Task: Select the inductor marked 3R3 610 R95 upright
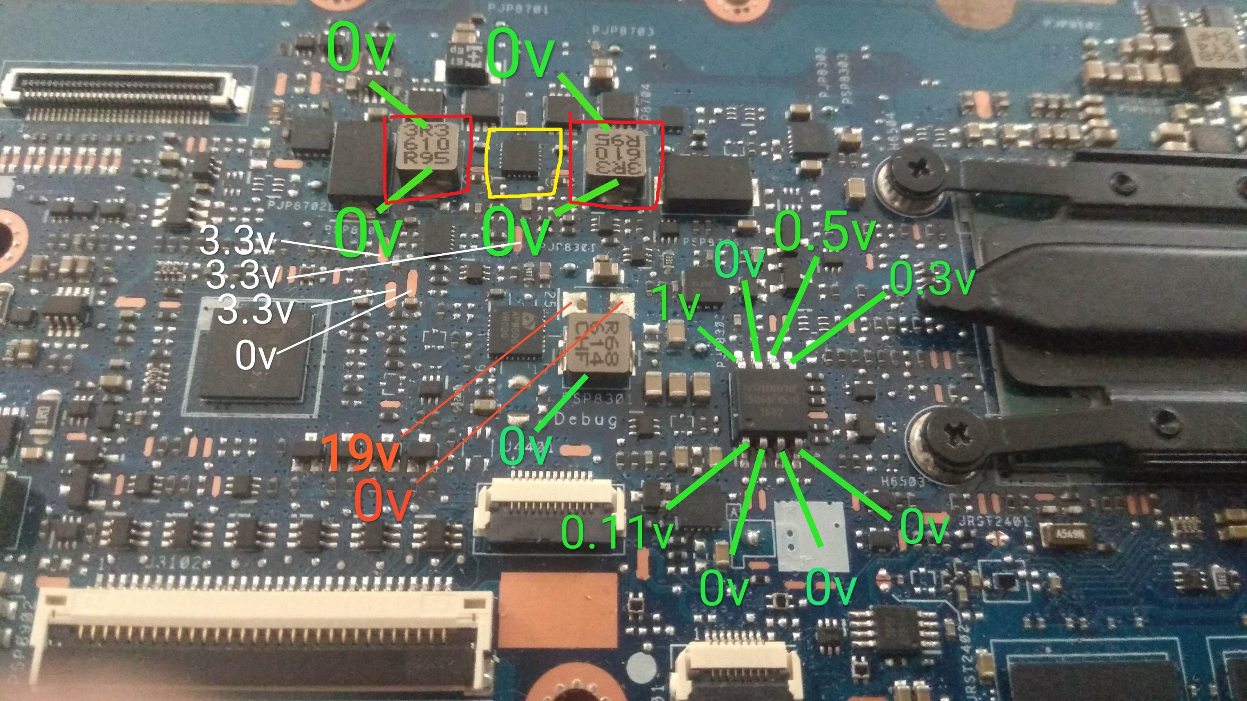(x=425, y=145)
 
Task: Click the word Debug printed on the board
(x=586, y=420)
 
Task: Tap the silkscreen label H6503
(x=903, y=482)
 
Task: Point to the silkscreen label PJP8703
(x=623, y=32)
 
